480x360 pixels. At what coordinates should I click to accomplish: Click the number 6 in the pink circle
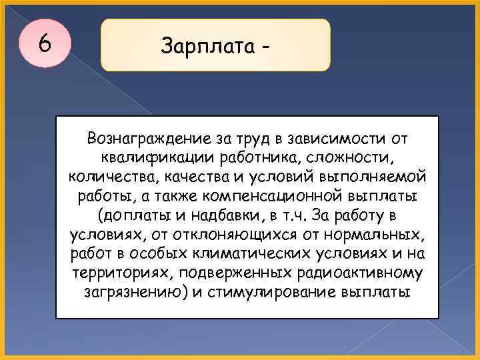tap(45, 44)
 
